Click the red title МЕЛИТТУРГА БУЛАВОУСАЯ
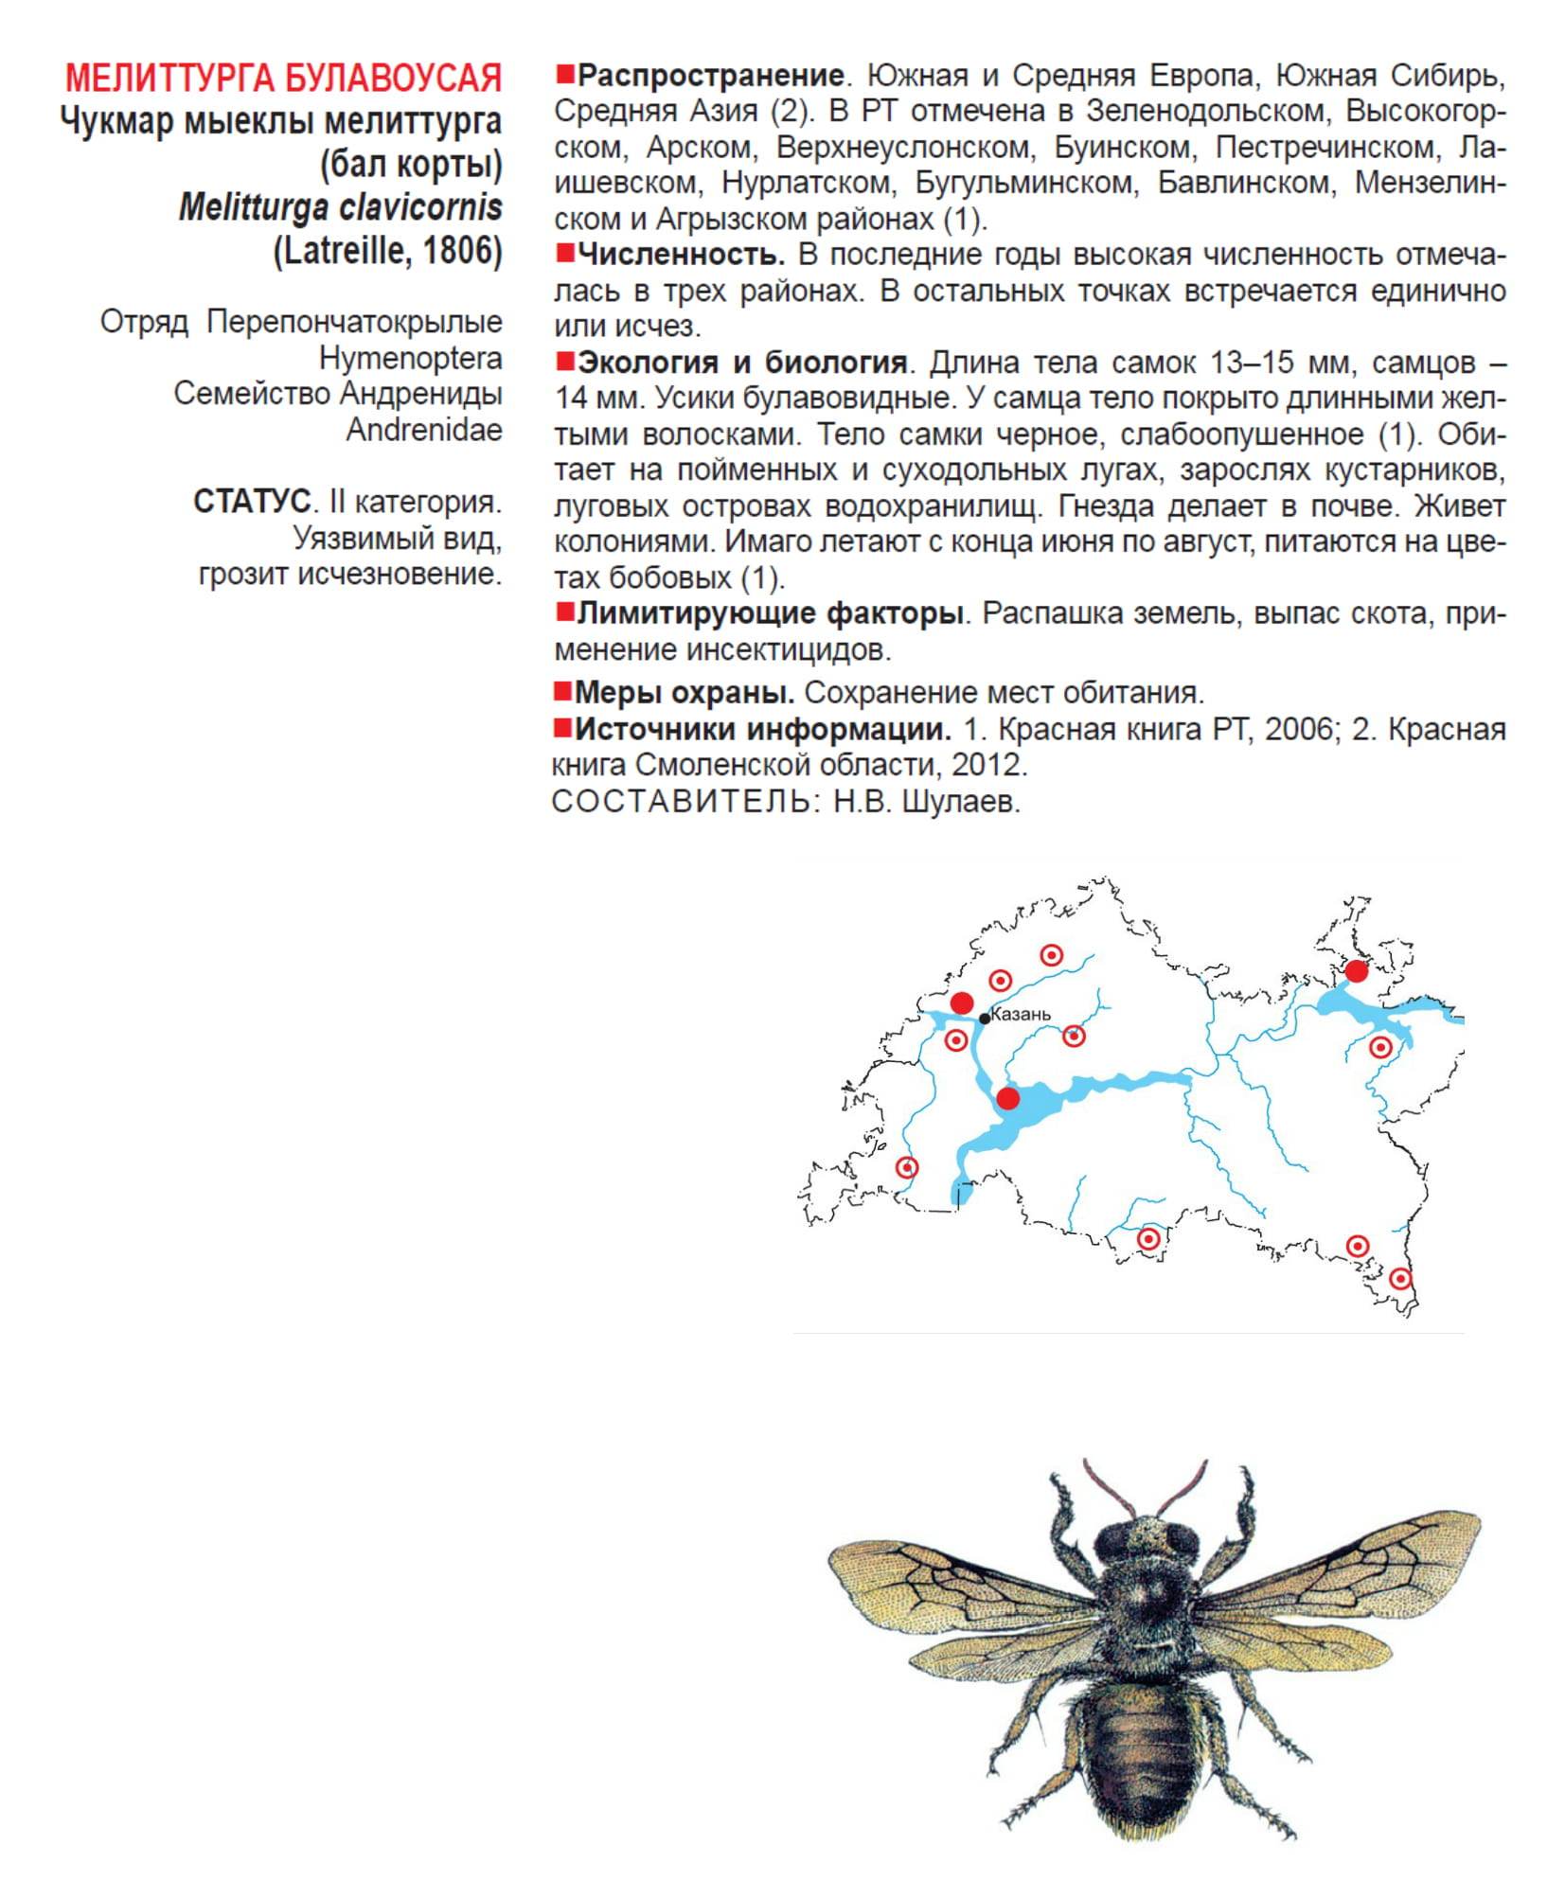coord(283,78)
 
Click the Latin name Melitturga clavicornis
coord(340,207)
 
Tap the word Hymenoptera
coord(410,359)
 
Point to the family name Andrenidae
coord(423,430)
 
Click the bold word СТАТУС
coord(252,502)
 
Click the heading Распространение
coord(710,76)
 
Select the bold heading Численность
coord(681,255)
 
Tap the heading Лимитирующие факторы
coord(770,613)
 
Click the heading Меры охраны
coord(685,693)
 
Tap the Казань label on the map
coord(1021,1014)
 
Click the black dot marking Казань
coord(985,1019)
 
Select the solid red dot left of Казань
coord(962,1003)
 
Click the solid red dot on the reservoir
coord(1008,1098)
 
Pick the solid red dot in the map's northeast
coord(1357,970)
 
